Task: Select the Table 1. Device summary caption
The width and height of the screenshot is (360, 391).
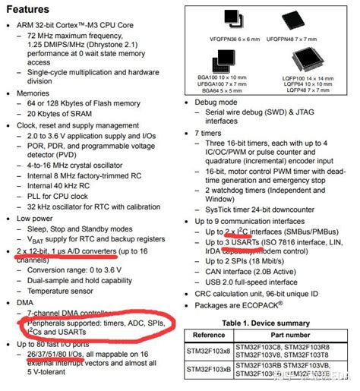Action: (x=265, y=323)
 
